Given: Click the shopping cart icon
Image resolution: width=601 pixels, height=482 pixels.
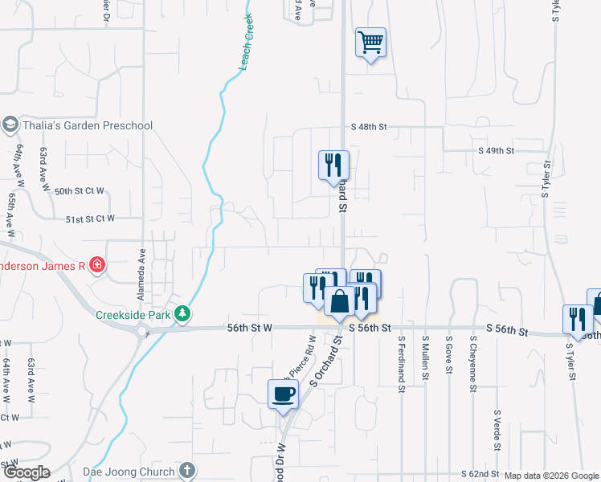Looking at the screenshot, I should [370, 41].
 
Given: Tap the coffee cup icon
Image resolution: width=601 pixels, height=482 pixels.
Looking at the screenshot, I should [282, 394].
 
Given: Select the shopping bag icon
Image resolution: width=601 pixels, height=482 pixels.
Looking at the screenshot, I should [340, 302].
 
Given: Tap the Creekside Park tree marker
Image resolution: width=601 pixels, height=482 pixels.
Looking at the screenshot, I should [184, 314].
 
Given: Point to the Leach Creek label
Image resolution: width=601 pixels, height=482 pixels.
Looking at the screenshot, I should [246, 42].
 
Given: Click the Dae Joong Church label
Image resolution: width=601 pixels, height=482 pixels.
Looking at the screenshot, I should [129, 471].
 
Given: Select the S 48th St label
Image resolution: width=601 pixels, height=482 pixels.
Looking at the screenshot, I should [369, 127].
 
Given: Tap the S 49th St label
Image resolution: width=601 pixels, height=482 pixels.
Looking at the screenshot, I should [495, 150].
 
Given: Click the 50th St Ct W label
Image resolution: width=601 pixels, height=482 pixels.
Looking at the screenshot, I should [80, 191].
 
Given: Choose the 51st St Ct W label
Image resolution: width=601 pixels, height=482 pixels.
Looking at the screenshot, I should [91, 218].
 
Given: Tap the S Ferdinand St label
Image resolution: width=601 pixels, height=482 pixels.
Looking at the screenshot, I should [401, 363].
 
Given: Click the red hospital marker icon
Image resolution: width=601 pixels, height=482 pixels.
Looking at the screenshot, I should [97, 263].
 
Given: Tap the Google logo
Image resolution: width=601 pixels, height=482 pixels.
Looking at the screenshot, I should [26, 472].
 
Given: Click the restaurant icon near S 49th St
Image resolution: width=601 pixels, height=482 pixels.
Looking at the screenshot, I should [333, 165].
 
